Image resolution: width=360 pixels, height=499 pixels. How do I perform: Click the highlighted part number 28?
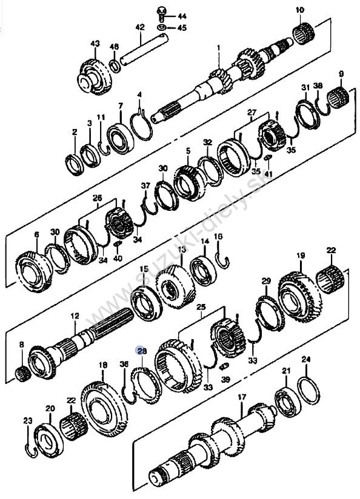click(142, 351)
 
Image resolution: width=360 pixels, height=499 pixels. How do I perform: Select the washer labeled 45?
click(162, 27)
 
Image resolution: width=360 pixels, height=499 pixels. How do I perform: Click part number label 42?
click(140, 27)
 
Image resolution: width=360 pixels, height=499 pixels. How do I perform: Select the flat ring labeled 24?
click(308, 390)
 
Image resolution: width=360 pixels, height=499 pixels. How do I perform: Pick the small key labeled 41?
click(268, 157)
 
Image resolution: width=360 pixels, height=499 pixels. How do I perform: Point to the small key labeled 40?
click(117, 244)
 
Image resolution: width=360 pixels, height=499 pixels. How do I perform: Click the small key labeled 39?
click(225, 366)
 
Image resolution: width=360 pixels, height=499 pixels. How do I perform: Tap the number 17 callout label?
click(242, 397)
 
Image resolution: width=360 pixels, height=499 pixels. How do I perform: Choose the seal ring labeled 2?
click(75, 165)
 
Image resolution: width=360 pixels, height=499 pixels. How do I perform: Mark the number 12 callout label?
click(75, 316)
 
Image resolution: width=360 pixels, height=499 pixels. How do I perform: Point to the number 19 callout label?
click(301, 255)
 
